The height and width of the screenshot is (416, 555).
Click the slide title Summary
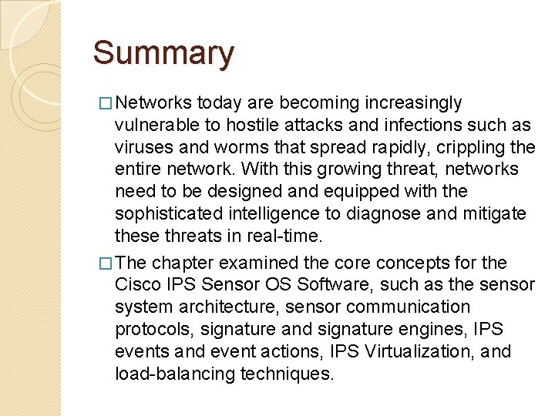(x=163, y=53)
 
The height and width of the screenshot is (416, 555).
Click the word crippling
(x=469, y=147)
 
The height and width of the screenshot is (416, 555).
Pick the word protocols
(x=150, y=330)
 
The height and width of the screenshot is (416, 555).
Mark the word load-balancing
(x=175, y=374)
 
